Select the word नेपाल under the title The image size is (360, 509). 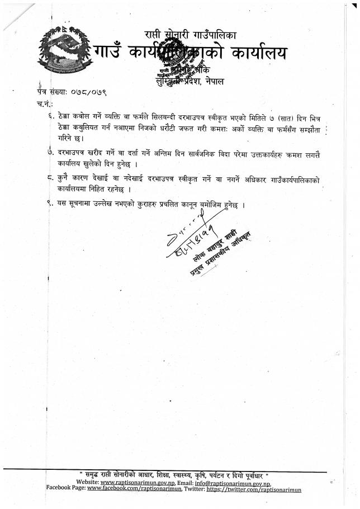213,81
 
